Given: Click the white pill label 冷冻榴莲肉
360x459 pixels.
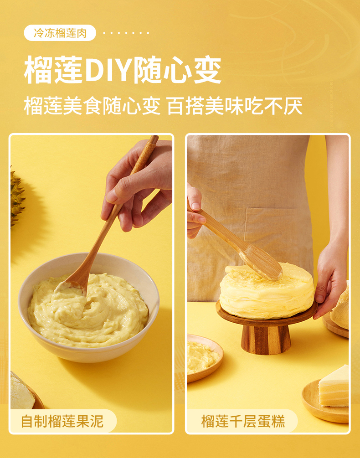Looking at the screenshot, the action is (60, 33).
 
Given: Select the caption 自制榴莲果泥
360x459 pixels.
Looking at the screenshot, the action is (62, 421).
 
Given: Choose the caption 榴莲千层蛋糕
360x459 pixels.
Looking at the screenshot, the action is (243, 421).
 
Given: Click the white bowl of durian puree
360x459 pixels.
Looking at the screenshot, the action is (89, 307).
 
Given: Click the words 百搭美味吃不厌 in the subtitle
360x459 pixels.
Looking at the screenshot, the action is (235, 106).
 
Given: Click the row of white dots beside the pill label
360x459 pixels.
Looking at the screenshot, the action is (126, 33).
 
